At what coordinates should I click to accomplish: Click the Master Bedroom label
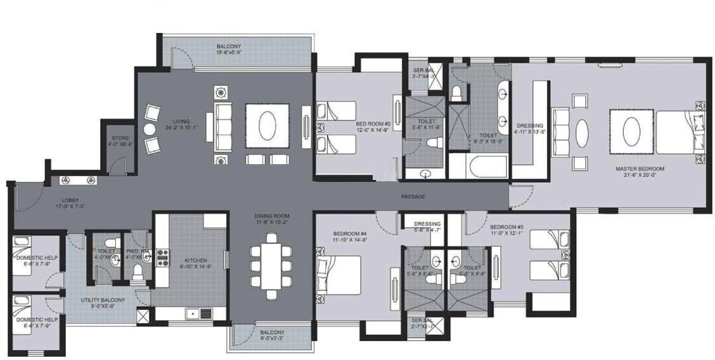coord(639,169)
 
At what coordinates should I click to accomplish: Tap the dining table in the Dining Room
coord(271,266)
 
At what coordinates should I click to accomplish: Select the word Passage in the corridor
coord(413,196)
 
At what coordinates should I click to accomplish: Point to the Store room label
coord(120,138)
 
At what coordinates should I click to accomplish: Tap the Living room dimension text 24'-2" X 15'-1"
coord(181,127)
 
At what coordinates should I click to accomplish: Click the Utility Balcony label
coord(103,300)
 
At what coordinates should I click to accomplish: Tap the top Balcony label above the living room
coord(228,46)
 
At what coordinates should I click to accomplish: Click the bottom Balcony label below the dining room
coord(272,332)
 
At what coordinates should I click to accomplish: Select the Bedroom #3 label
coord(506,227)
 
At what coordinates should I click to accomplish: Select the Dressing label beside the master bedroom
coord(530,125)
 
